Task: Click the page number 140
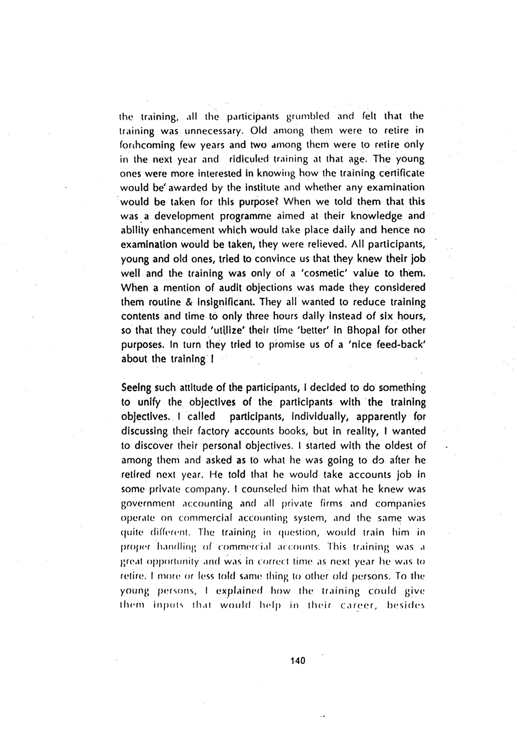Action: [298, 661]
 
